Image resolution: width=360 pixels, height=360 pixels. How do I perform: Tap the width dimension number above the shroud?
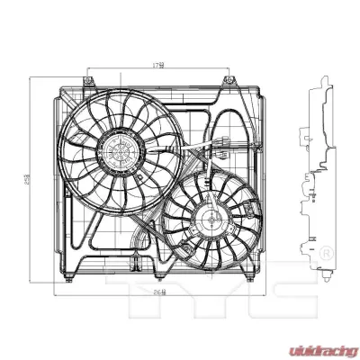point(157,65)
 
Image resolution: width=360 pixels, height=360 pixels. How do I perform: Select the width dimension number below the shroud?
point(158,292)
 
